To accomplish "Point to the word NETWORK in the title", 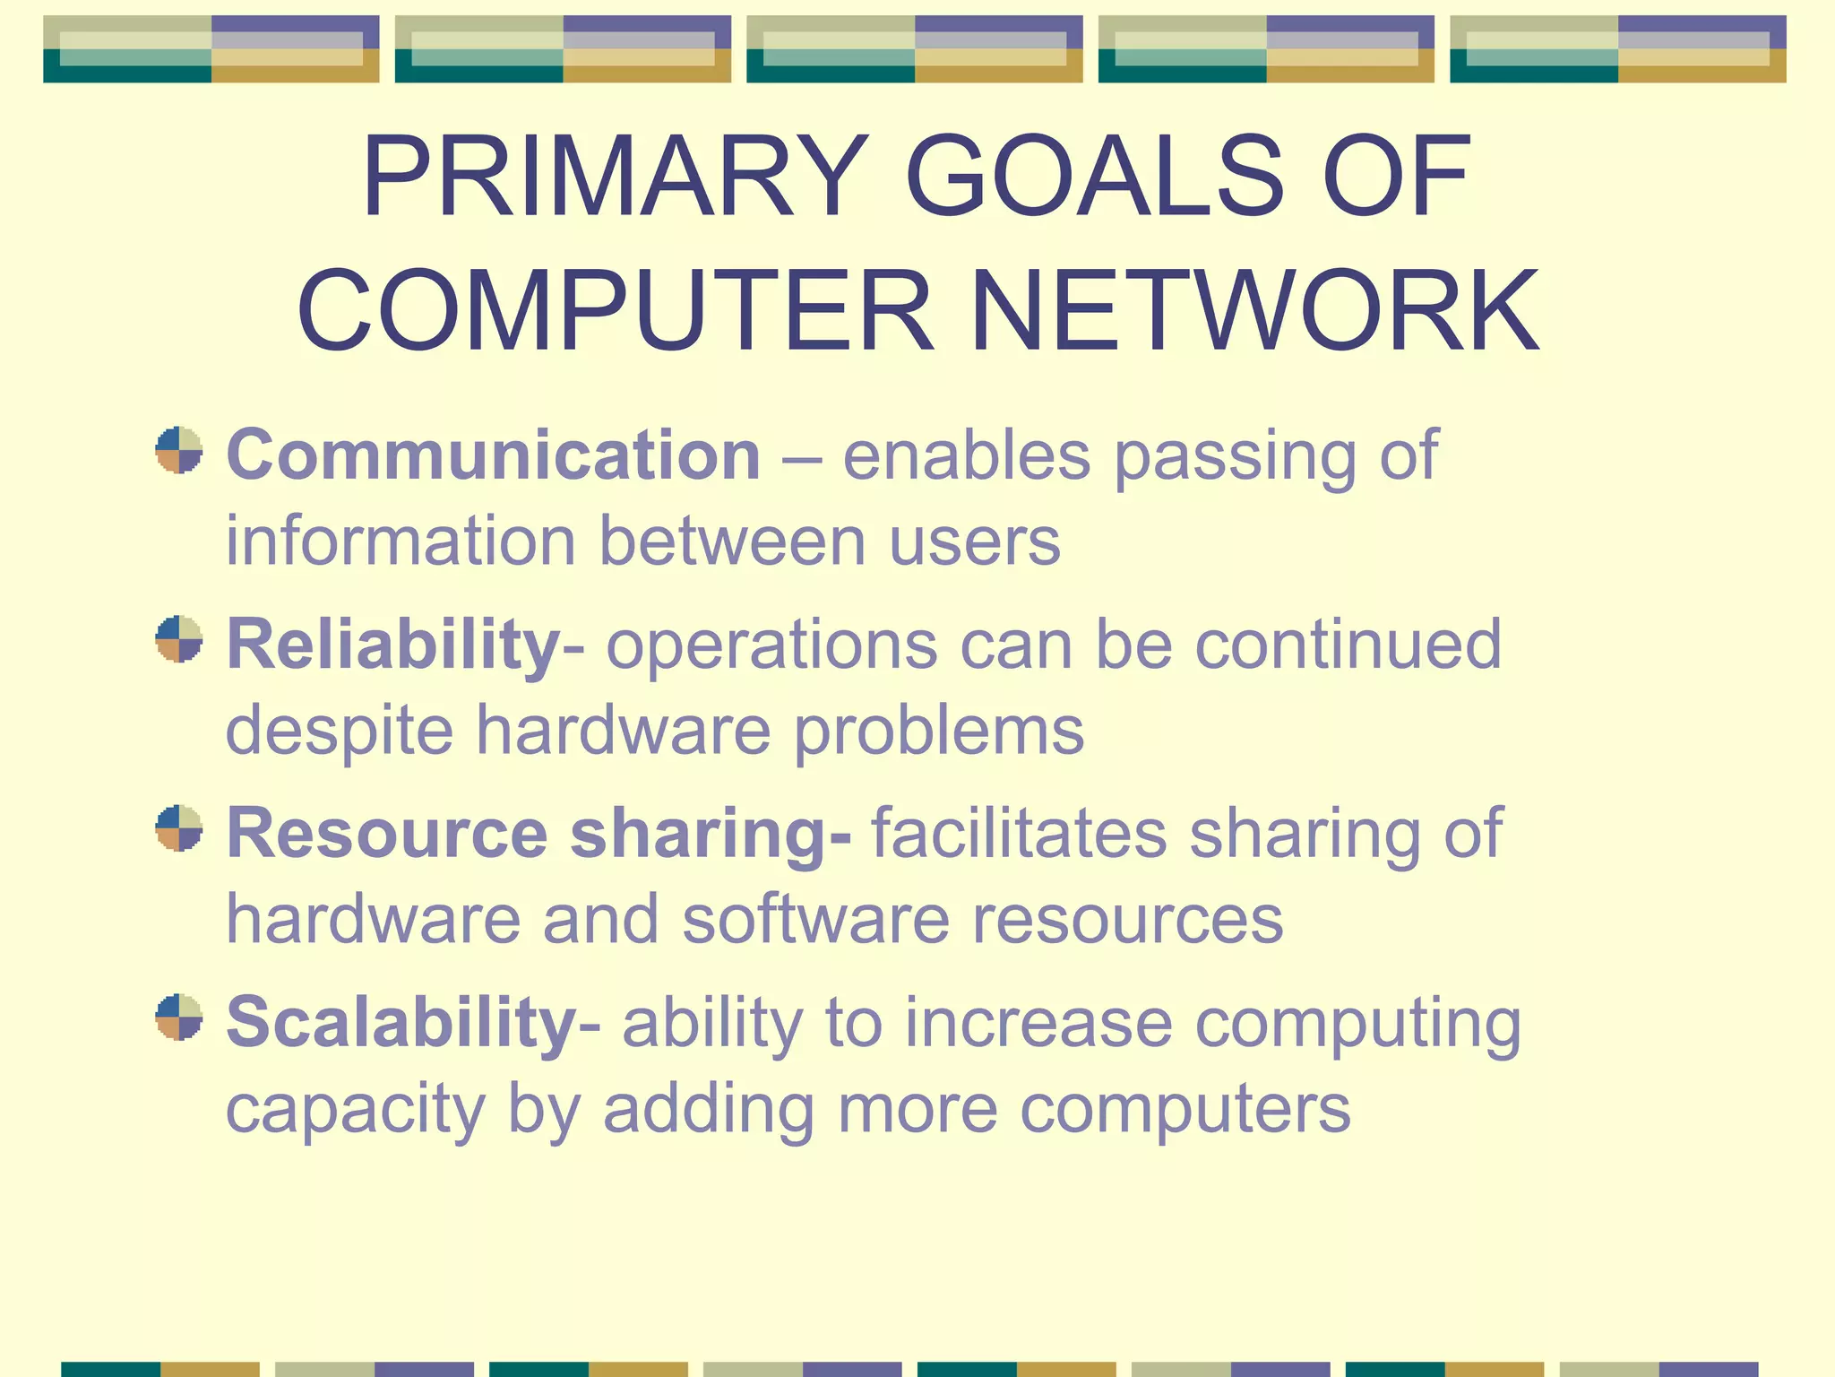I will tap(1254, 311).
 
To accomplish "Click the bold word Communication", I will tap(493, 455).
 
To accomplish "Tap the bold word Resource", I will tap(386, 833).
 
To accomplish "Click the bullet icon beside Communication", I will tap(179, 450).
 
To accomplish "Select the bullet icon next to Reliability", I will tap(179, 639).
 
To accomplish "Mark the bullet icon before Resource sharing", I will tap(179, 828).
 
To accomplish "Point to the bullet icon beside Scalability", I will tap(179, 1018).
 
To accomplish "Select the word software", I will tap(815, 919).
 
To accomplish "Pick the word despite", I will tap(340, 732).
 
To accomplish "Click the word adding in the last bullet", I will tap(708, 1110).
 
